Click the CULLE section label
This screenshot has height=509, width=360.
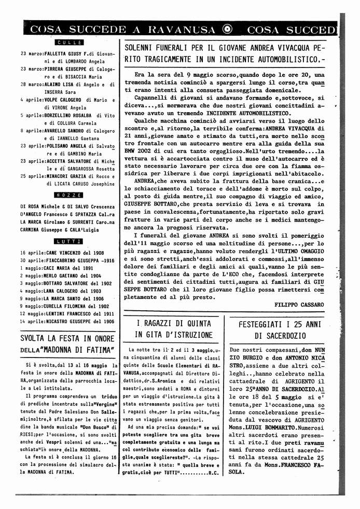[68, 42]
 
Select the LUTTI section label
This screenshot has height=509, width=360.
[68, 241]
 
